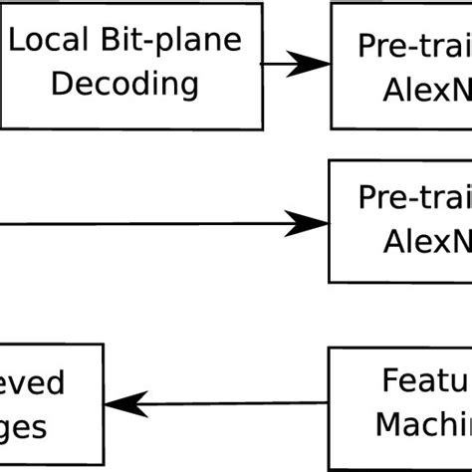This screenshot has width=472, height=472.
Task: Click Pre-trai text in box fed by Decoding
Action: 415,46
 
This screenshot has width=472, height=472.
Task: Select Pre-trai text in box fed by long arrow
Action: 415,199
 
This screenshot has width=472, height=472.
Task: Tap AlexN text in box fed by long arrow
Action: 426,243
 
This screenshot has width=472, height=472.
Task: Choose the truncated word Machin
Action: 422,425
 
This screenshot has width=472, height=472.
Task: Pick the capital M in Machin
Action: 388,425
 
